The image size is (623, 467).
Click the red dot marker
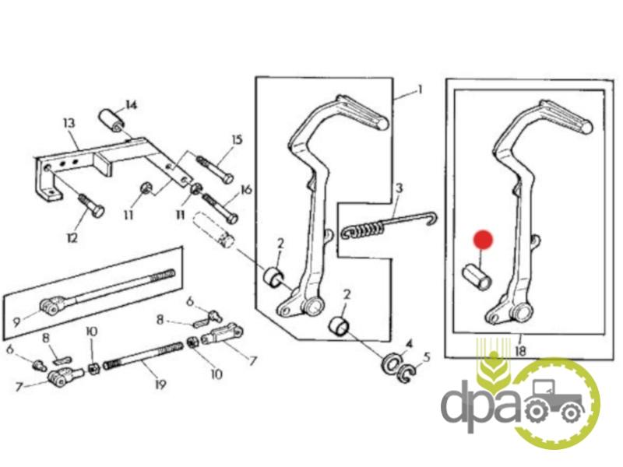(x=483, y=240)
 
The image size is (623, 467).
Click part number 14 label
(x=131, y=105)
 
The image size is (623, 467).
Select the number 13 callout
(x=69, y=123)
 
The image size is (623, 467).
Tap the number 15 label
(x=237, y=140)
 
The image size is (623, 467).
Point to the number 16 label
(x=246, y=190)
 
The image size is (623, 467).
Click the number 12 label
(x=72, y=238)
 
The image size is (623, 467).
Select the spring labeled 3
(x=388, y=223)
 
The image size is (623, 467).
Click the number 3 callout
(x=399, y=188)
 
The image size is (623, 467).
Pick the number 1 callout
(x=419, y=90)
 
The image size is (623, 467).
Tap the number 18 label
(x=520, y=351)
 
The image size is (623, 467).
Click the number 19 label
(x=160, y=384)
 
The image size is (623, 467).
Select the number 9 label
(x=16, y=321)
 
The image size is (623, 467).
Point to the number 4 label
(x=410, y=344)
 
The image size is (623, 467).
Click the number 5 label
(x=427, y=357)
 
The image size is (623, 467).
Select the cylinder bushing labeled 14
(x=111, y=121)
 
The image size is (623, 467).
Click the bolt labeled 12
(x=91, y=205)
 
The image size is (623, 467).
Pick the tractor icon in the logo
(x=554, y=402)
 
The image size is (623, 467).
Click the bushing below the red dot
(x=477, y=276)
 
